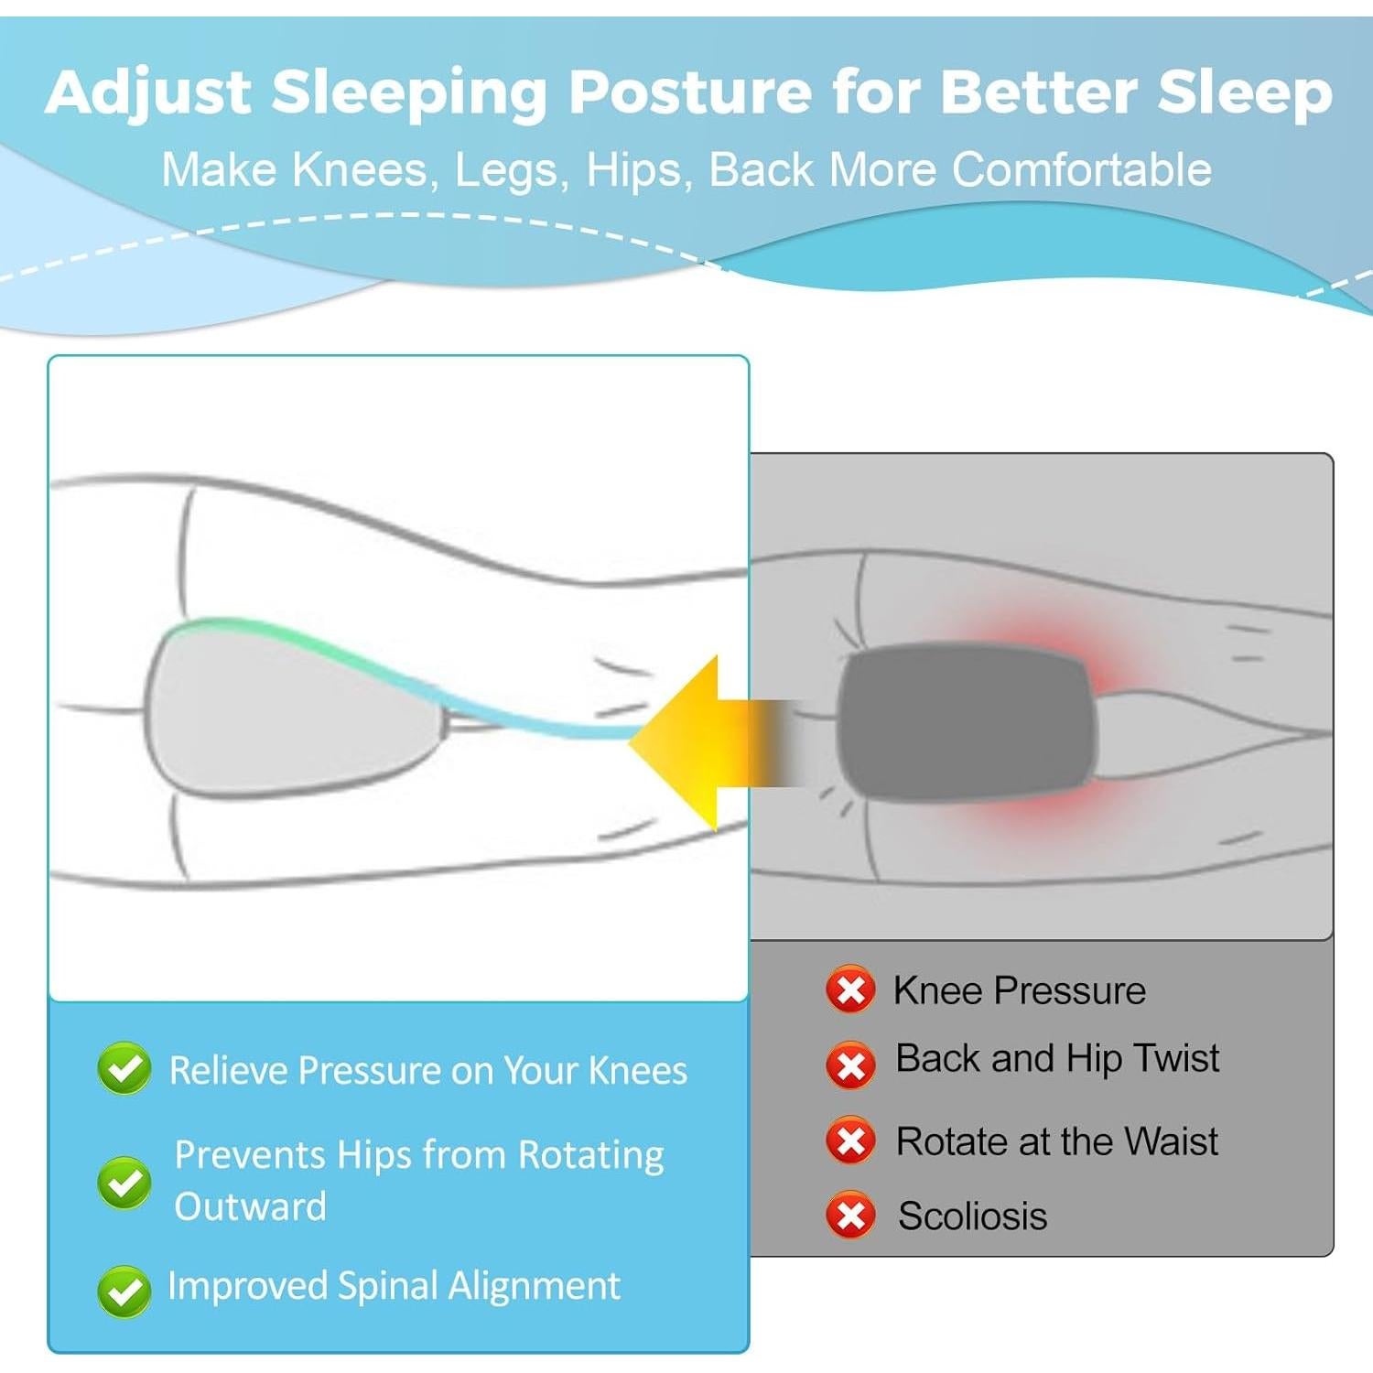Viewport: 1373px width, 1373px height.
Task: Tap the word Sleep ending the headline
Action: click(1243, 94)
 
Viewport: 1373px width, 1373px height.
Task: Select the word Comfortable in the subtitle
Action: click(1082, 169)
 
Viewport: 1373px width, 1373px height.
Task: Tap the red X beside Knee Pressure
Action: click(850, 990)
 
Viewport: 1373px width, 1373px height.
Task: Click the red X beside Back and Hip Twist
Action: click(850, 1065)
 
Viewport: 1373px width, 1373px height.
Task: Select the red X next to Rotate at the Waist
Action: click(850, 1141)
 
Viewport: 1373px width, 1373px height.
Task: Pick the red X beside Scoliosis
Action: click(850, 1216)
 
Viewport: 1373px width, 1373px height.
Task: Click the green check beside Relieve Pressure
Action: click(124, 1068)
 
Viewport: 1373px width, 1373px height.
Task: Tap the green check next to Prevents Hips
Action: click(124, 1183)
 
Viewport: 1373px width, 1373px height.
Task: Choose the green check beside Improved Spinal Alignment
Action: click(124, 1291)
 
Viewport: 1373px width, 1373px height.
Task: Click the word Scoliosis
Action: click(972, 1216)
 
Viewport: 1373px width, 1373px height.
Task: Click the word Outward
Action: click(250, 1207)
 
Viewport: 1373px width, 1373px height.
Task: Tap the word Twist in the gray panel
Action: click(1176, 1058)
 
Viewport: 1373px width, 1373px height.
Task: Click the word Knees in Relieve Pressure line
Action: click(637, 1071)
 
